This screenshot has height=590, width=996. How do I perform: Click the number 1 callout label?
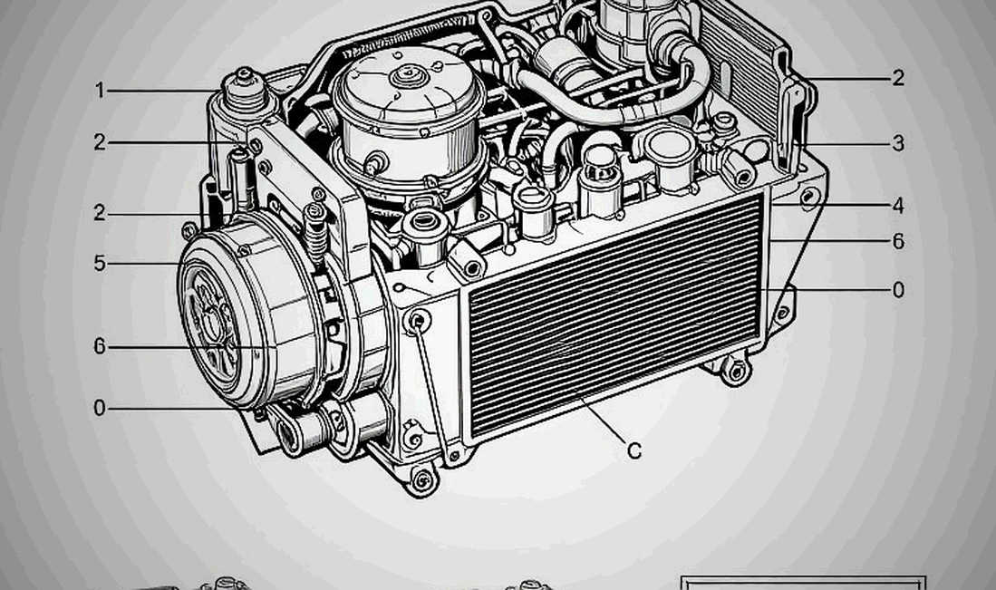pyautogui.click(x=100, y=91)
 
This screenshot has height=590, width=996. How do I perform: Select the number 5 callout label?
pyautogui.click(x=100, y=263)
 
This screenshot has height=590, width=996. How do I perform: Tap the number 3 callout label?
pyautogui.click(x=897, y=143)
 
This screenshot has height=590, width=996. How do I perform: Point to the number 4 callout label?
pyautogui.click(x=897, y=205)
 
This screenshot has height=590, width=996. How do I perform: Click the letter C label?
pyautogui.click(x=633, y=450)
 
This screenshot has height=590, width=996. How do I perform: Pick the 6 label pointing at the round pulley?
pyautogui.click(x=100, y=346)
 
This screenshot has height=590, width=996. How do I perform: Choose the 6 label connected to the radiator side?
pyautogui.click(x=897, y=241)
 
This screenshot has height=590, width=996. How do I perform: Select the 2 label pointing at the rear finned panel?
pyautogui.click(x=897, y=77)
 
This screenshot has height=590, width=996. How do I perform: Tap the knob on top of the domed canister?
pyautogui.click(x=402, y=76)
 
